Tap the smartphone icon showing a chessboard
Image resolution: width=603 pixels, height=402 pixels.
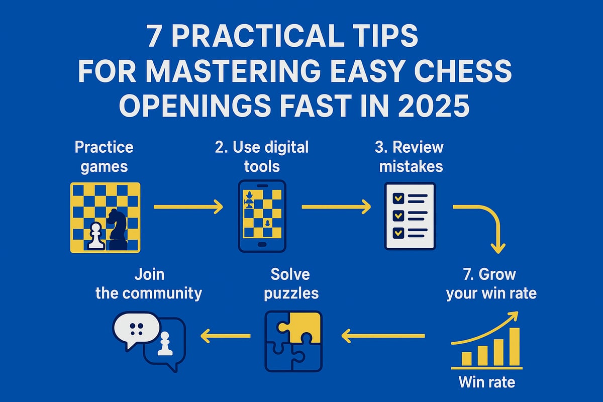click(x=261, y=216)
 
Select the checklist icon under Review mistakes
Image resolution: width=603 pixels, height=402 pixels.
click(x=410, y=216)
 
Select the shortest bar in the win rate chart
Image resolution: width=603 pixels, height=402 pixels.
click(x=466, y=358)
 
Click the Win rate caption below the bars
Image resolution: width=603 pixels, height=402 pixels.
click(x=486, y=382)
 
